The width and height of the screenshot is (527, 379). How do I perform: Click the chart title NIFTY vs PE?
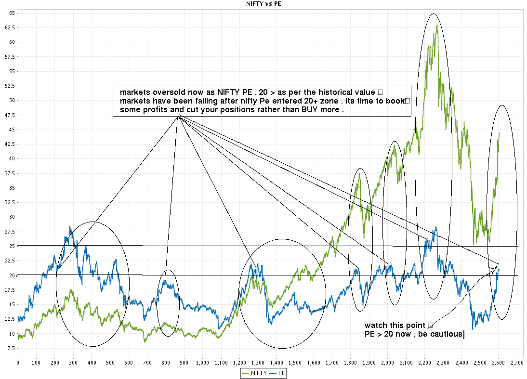(263, 4)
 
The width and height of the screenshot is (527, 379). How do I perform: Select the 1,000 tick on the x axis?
(203, 361)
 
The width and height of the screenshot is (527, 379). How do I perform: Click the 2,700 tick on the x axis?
(517, 361)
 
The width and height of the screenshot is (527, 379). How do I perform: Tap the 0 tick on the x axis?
(18, 361)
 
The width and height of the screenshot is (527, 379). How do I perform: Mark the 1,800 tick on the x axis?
(351, 361)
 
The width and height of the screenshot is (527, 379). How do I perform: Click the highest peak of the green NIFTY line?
(436, 25)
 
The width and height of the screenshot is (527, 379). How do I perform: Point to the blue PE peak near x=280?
(70, 226)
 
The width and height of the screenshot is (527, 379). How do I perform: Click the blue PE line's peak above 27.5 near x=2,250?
(435, 227)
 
